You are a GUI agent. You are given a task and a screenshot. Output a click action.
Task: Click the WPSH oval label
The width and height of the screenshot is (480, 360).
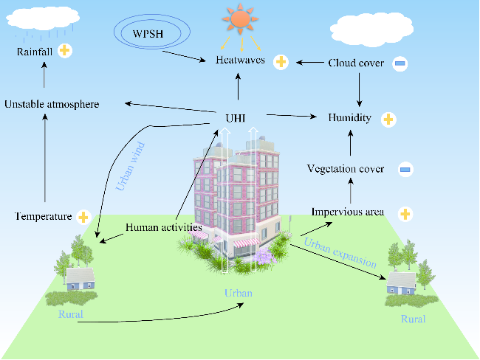click(151, 33)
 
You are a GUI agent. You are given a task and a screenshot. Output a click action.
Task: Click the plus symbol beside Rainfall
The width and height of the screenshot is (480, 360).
click(65, 51)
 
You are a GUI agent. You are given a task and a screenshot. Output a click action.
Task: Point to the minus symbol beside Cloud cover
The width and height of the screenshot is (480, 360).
click(400, 63)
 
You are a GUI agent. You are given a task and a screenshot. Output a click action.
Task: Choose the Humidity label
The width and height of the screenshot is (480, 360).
click(351, 117)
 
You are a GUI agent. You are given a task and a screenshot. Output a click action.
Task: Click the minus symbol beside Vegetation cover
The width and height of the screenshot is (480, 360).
click(405, 170)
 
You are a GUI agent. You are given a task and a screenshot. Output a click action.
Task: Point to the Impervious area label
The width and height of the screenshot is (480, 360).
click(348, 212)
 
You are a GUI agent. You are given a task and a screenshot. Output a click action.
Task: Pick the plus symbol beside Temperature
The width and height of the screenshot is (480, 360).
click(83, 217)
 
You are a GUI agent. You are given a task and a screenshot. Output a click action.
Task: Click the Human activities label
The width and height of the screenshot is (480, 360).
click(164, 227)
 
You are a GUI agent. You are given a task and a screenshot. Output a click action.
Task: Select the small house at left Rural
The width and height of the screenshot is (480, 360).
click(80, 279)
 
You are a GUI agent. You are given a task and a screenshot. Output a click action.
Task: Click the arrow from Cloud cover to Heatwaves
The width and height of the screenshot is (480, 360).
click(309, 63)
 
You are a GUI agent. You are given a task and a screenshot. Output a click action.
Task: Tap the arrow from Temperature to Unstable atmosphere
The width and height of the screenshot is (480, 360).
click(44, 159)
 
